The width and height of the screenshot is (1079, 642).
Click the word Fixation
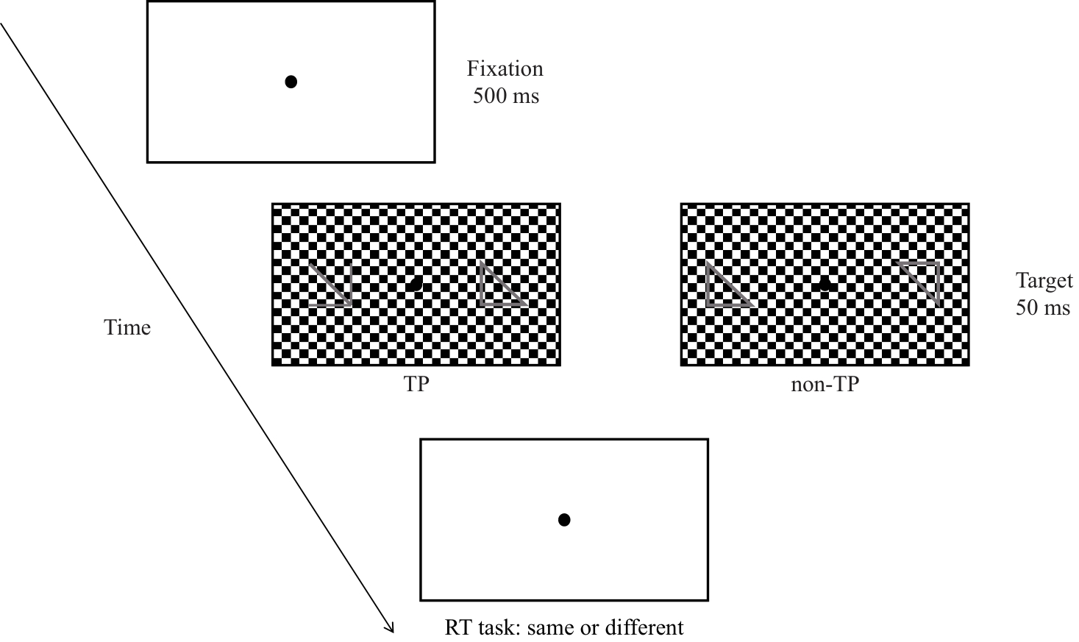pos(505,69)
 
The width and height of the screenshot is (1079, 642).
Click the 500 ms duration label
pos(506,96)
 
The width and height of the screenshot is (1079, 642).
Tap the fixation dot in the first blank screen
pos(291,82)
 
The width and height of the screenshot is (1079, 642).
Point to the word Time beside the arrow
pos(127,327)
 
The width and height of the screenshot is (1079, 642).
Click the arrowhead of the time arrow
pos(390,627)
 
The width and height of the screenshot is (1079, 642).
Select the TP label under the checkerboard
pos(416,385)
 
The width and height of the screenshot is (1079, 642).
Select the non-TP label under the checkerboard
pos(825,385)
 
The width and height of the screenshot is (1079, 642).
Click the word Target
pos(1044,281)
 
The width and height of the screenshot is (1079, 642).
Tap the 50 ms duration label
pos(1043,307)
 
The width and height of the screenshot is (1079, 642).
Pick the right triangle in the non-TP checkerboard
pos(919,283)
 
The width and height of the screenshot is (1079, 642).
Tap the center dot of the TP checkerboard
pos(416,285)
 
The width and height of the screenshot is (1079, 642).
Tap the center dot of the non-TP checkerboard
pos(825,284)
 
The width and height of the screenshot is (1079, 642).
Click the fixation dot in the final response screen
pos(564,520)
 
